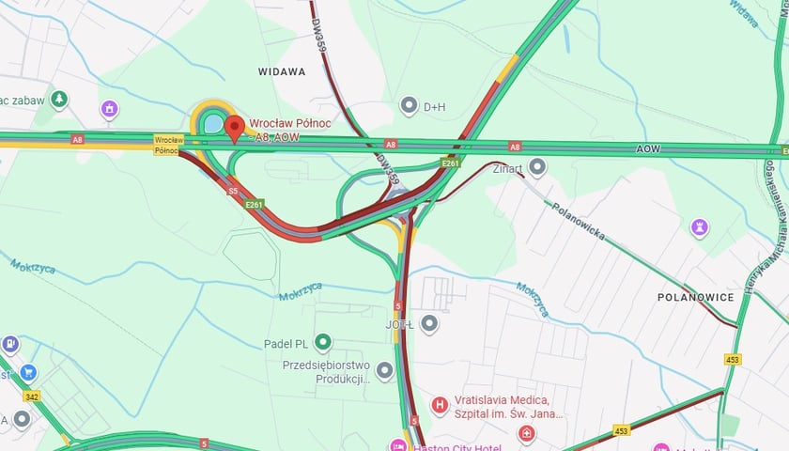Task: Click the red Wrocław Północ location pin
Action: (234, 127)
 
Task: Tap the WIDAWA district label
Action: (281, 71)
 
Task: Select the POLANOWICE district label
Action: (696, 297)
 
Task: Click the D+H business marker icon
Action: (409, 105)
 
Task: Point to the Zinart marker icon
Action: (537, 167)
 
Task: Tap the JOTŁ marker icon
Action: (429, 324)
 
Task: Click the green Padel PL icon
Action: (323, 342)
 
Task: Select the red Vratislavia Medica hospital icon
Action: (439, 406)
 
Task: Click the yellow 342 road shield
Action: (32, 397)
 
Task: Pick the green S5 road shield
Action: (233, 191)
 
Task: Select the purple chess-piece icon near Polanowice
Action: (699, 226)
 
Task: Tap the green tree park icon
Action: (59, 99)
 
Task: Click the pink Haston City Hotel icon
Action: (398, 445)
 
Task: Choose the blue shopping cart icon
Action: (28, 373)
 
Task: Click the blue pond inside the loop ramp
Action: (212, 123)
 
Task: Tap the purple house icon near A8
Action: (110, 110)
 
